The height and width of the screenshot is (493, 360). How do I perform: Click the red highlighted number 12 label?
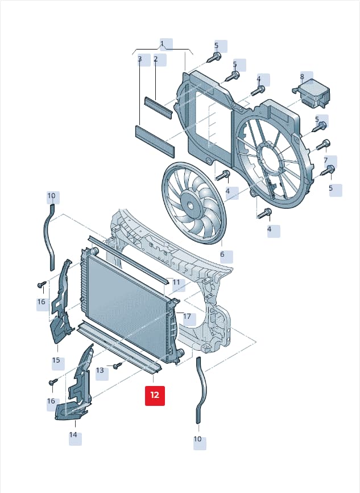[x=155, y=396]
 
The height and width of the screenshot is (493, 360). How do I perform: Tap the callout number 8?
[x=302, y=76]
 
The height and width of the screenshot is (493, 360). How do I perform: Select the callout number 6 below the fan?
[x=222, y=254]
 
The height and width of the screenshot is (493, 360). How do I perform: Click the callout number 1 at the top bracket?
[x=162, y=43]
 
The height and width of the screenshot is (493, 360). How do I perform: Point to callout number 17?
[x=187, y=317]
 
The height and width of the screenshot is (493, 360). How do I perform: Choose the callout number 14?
[x=73, y=435]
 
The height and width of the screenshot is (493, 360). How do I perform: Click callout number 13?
[x=100, y=371]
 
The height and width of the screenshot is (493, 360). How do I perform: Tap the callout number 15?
[x=56, y=360]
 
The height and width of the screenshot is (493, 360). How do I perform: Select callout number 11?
[x=176, y=282]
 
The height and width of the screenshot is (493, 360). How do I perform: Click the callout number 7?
[x=326, y=161]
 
